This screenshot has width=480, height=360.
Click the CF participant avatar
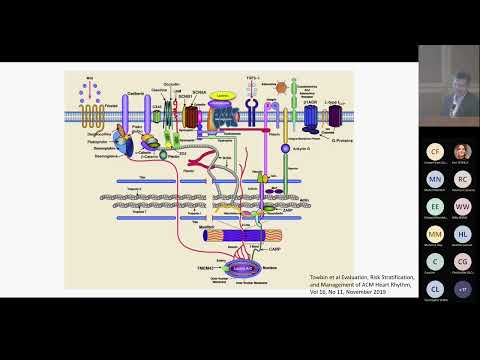pyautogui.click(x=434, y=151)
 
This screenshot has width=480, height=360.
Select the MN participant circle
pyautogui.click(x=434, y=178)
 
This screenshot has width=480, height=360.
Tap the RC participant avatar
pyautogui.click(x=462, y=178)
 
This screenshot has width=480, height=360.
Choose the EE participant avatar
pyautogui.click(x=434, y=206)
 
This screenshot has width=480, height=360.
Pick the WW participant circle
pyautogui.click(x=462, y=206)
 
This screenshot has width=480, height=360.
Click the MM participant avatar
pyautogui.click(x=434, y=233)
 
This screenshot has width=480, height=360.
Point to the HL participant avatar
pyautogui.click(x=462, y=233)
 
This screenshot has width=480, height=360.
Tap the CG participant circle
pyautogui.click(x=462, y=261)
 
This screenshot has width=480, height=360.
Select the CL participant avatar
pyautogui.click(x=434, y=288)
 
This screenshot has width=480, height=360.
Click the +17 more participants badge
pyautogui.click(x=462, y=288)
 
